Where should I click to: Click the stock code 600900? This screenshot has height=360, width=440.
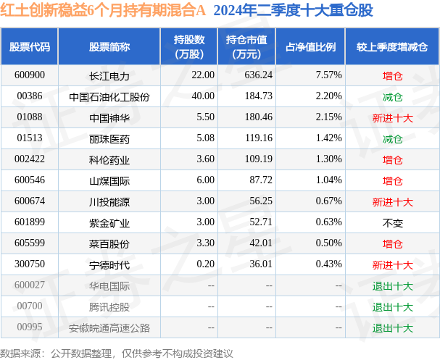pyautogui.click(x=30, y=75)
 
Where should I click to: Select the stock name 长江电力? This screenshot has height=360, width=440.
pyautogui.click(x=109, y=75)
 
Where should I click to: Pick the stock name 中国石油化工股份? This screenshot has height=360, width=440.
pyautogui.click(x=109, y=96)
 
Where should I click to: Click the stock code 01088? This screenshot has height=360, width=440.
pyautogui.click(x=30, y=117)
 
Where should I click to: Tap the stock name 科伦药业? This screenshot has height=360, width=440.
pyautogui.click(x=109, y=159)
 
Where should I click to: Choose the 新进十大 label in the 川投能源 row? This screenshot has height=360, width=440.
pyautogui.click(x=392, y=201)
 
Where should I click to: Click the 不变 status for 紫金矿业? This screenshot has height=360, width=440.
pyautogui.click(x=392, y=222)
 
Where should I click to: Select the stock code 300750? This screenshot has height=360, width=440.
pyautogui.click(x=30, y=264)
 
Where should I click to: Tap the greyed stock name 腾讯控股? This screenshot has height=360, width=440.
pyautogui.click(x=109, y=306)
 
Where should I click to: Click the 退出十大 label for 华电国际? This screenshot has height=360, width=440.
pyautogui.click(x=392, y=285)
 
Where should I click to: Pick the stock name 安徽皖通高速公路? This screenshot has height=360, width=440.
pyautogui.click(x=109, y=327)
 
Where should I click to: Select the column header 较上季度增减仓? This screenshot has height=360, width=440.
pyautogui.click(x=392, y=46)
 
